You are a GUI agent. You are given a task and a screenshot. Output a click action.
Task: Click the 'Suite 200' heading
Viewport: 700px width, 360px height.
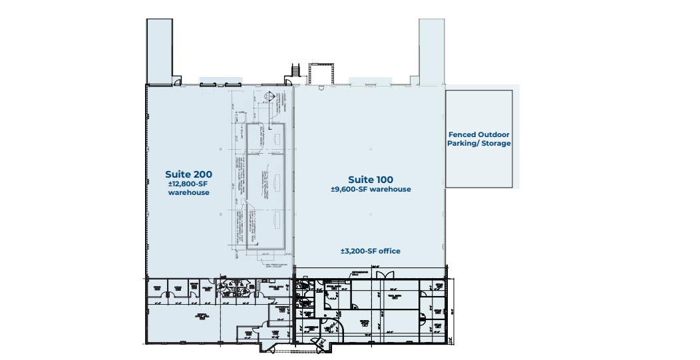click(x=188, y=174)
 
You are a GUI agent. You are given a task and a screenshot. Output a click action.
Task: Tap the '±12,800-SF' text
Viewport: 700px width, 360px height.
click(x=188, y=184)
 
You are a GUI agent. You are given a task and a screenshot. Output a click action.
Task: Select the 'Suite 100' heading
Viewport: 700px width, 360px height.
click(x=371, y=180)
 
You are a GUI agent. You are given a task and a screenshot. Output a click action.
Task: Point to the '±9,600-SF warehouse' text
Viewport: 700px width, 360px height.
click(x=371, y=189)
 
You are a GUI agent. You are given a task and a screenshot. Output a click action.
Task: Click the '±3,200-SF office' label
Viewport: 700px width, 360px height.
click(x=370, y=251)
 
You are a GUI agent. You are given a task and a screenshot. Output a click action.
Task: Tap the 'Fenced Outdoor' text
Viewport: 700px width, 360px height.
click(x=478, y=134)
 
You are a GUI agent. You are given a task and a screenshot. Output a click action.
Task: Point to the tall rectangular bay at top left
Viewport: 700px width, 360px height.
click(x=159, y=51)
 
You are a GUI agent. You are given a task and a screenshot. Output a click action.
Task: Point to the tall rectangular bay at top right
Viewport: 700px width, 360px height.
click(x=431, y=51)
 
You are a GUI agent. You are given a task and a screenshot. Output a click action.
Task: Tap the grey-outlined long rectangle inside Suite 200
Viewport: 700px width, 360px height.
click(x=266, y=186)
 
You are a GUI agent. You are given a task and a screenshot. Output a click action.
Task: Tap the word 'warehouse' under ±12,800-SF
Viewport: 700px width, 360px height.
click(x=188, y=193)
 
